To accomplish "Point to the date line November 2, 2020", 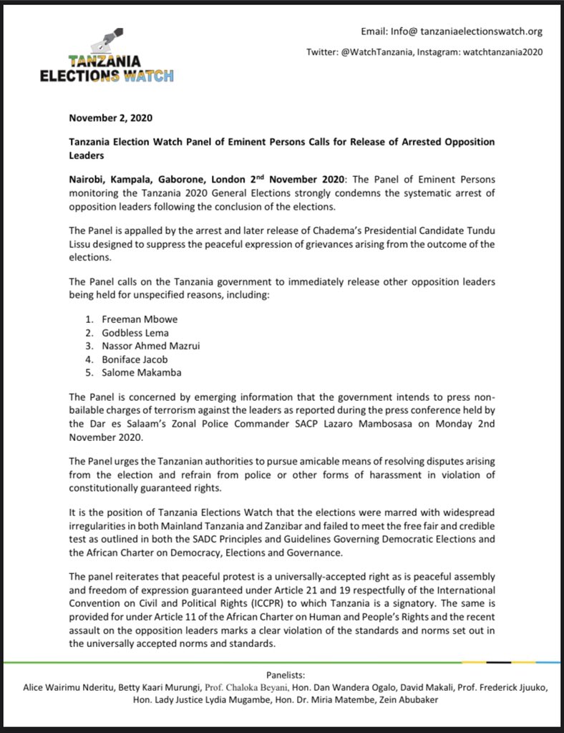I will [111, 117].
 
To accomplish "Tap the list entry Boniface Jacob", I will [127, 359].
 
